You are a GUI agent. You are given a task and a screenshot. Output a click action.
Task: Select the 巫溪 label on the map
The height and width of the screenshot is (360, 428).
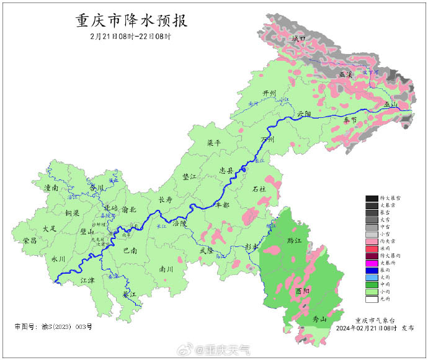[346, 74]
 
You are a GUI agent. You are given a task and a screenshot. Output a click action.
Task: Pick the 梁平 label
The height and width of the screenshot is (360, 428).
[214, 143]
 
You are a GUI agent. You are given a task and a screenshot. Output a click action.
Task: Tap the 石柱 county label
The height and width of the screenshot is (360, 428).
[259, 188]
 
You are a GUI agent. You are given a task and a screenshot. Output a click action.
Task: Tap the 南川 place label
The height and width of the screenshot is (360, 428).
[166, 269]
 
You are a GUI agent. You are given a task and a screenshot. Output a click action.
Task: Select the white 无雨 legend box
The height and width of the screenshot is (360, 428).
[372, 299]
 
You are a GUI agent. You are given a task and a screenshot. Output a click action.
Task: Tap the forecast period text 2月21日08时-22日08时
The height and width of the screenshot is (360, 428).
[130, 37]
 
